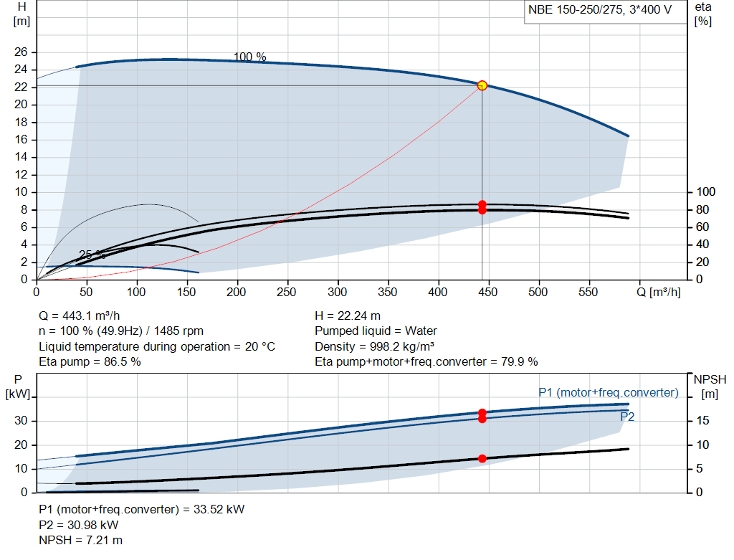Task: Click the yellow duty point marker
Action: pyautogui.click(x=482, y=86)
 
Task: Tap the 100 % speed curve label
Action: pyautogui.click(x=249, y=57)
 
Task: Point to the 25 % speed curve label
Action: pyautogui.click(x=92, y=255)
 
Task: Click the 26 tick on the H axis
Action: pyautogui.click(x=21, y=52)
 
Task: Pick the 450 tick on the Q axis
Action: pyautogui.click(x=487, y=292)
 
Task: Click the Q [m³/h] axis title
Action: pyautogui.click(x=659, y=292)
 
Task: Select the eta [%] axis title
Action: pyautogui.click(x=703, y=14)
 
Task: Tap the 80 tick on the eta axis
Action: pyautogui.click(x=702, y=210)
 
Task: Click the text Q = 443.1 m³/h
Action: pyautogui.click(x=80, y=316)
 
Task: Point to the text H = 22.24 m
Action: pyautogui.click(x=348, y=316)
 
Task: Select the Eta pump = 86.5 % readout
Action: pyautogui.click(x=90, y=362)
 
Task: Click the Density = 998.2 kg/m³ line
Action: pyautogui.click(x=374, y=346)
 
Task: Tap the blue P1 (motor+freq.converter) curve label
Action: pyautogui.click(x=609, y=392)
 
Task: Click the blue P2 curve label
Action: pyautogui.click(x=627, y=417)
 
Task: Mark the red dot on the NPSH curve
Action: pyautogui.click(x=482, y=458)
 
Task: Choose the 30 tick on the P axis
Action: pyautogui.click(x=21, y=420)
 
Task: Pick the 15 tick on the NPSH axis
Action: pyautogui.click(x=702, y=420)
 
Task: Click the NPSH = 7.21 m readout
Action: pyautogui.click(x=80, y=541)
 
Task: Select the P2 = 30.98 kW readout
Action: pyautogui.click(x=79, y=525)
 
